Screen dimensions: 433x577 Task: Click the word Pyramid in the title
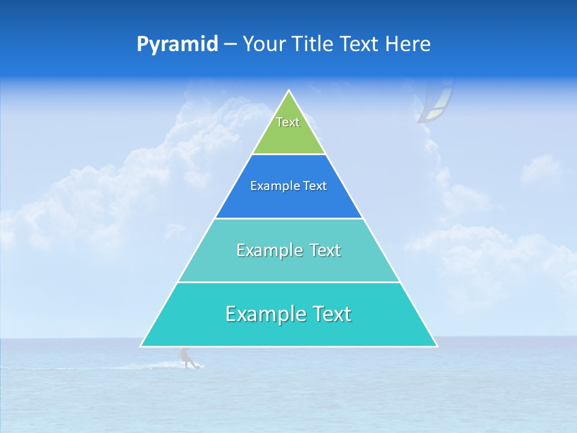tap(177, 45)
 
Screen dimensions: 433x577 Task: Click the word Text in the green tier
tap(288, 122)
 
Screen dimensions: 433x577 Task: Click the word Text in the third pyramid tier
tap(325, 250)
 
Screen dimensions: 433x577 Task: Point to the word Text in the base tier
tap(331, 314)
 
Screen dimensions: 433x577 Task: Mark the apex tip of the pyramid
tap(289, 91)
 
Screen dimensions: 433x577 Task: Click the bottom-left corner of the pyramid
tap(141, 346)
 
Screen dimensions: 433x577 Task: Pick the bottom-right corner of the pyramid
tap(436, 346)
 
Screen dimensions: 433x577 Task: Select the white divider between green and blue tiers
tap(288, 155)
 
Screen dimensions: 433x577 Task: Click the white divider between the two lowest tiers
tap(288, 282)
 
